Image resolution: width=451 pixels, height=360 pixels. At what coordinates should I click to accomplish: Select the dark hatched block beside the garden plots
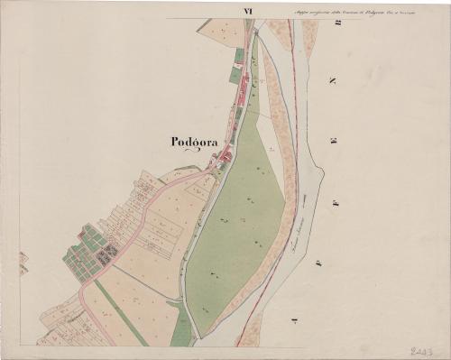[107, 253]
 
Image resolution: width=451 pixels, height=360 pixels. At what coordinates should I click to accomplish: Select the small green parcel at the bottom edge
[180, 329]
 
